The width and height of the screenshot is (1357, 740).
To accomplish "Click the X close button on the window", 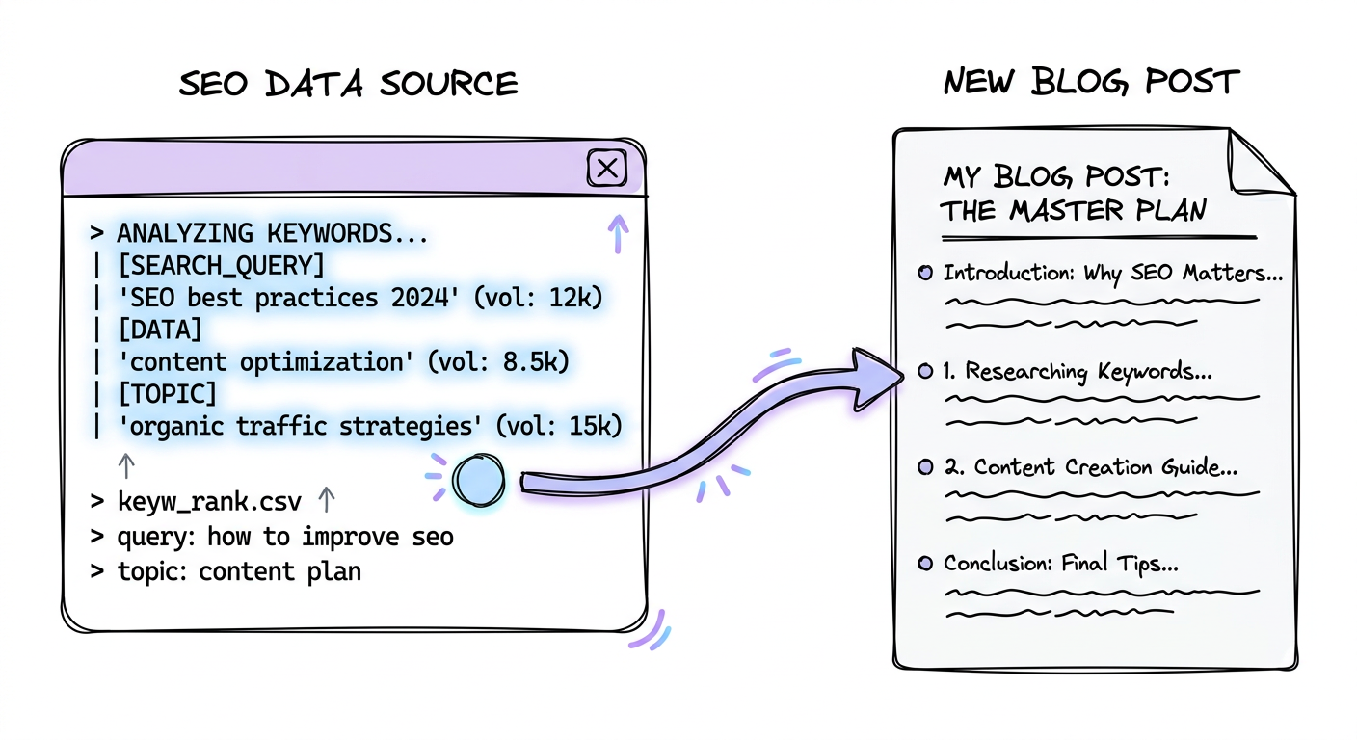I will click(607, 170).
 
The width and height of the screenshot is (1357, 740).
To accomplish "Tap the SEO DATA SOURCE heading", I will click(349, 84).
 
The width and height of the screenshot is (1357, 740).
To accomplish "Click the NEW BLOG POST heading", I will click(1090, 83).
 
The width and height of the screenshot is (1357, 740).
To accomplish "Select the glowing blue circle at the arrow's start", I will click(479, 479).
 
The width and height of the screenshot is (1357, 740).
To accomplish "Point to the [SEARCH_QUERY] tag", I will click(221, 265).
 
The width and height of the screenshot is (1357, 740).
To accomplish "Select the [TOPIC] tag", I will click(167, 393).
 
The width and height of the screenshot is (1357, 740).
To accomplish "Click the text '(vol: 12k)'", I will click(543, 298).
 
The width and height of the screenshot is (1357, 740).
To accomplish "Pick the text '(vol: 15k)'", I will click(559, 425).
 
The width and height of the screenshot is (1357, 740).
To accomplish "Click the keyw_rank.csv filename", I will click(209, 502).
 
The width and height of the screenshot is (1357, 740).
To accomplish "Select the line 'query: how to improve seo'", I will click(284, 536).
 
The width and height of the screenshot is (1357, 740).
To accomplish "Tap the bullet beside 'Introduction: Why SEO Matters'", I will click(925, 274).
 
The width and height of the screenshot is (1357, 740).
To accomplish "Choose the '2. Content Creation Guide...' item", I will click(1090, 467).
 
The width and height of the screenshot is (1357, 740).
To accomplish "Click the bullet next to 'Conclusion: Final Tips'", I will click(925, 564).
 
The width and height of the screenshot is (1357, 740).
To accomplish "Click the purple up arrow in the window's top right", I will click(618, 232).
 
